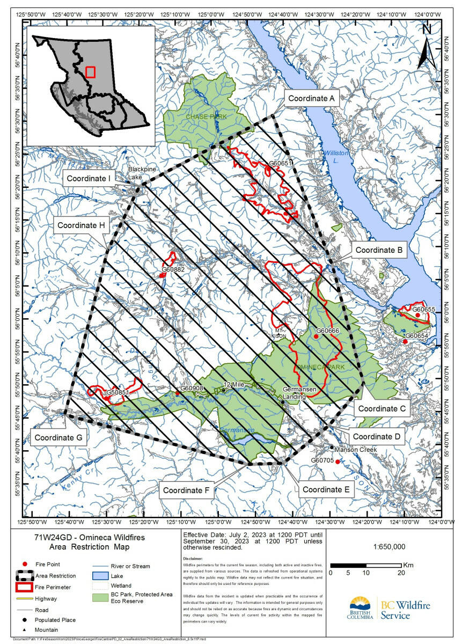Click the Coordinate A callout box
click(x=311, y=98)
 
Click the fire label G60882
click(x=173, y=269)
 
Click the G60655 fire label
click(x=423, y=309)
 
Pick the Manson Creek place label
click(x=356, y=449)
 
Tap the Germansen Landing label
click(x=302, y=393)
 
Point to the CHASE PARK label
click(x=201, y=116)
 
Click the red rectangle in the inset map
click(x=90, y=72)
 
